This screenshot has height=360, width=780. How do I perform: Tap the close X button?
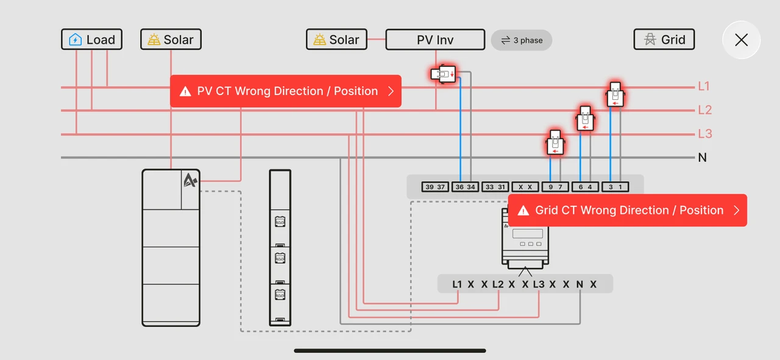(x=741, y=40)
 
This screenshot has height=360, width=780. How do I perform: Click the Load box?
(x=91, y=40)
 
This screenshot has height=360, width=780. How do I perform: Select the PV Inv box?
(x=435, y=40)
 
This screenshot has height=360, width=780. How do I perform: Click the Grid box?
(x=664, y=40)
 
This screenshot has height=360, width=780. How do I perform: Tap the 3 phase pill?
(x=521, y=40)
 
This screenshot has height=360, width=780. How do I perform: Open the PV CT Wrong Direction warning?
(x=286, y=91)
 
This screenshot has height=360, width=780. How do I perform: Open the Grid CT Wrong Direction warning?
(x=628, y=210)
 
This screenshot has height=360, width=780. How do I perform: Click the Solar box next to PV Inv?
(x=336, y=40)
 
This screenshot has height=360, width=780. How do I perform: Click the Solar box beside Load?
(x=171, y=40)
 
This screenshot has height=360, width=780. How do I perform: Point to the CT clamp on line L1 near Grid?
(x=615, y=94)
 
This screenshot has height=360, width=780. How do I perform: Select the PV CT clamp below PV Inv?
(x=443, y=74)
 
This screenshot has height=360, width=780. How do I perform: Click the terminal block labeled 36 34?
(x=465, y=187)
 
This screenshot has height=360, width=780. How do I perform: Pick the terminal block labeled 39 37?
(x=435, y=187)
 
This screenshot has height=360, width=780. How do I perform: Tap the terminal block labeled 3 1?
(x=615, y=187)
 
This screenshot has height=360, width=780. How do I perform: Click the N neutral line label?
(x=703, y=158)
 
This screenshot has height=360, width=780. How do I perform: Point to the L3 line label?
(x=705, y=133)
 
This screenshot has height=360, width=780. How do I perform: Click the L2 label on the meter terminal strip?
(x=498, y=284)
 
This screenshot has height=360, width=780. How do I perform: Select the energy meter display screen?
(x=528, y=233)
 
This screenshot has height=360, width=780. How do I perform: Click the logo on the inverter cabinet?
(x=190, y=180)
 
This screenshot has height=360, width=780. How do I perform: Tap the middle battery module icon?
(x=280, y=258)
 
